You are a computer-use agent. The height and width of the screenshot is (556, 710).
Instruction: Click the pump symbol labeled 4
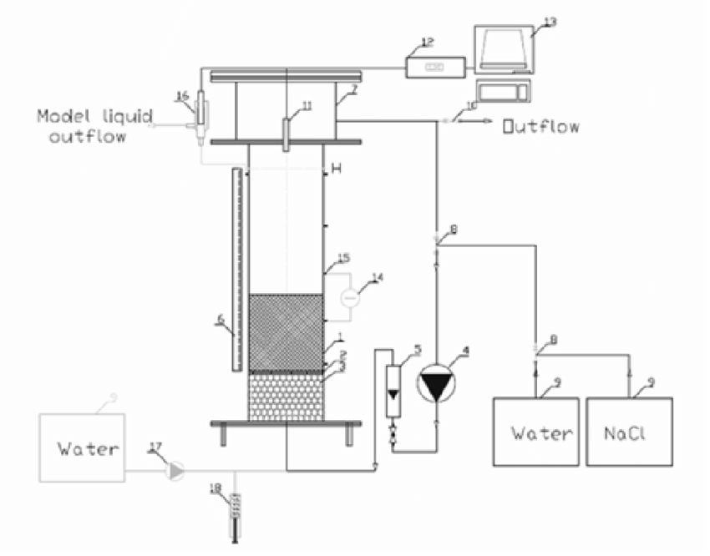coord(438,385)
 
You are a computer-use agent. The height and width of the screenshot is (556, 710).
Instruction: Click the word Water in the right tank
coord(542,433)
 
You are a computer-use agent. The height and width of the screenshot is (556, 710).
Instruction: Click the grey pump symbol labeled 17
coord(175,472)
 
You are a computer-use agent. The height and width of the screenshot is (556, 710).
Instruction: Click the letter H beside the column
coord(337,169)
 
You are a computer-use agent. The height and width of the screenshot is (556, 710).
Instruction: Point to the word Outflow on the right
coord(540,127)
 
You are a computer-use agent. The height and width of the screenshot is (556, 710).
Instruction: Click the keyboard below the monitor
coord(500,89)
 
